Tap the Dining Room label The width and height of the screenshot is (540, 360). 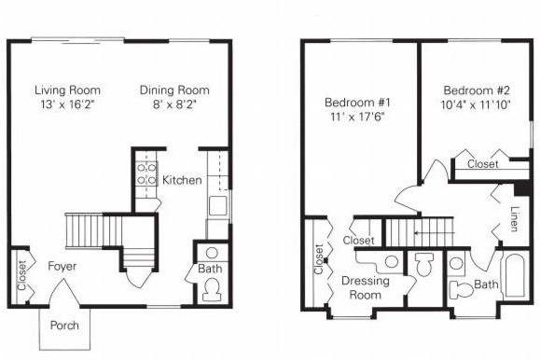point(174,90)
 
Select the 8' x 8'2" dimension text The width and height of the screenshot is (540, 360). point(174,105)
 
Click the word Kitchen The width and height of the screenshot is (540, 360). point(182,179)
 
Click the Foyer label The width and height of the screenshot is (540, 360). point(62,267)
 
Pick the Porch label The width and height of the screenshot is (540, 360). point(63,326)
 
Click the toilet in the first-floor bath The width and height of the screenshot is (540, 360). point(211,289)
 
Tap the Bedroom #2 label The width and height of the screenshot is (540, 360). point(475,90)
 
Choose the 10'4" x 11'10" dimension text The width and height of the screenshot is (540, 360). point(475,106)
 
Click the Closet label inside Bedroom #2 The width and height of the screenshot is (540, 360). point(482,163)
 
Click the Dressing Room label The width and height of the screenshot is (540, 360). point(365,286)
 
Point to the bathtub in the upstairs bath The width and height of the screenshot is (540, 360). point(515,275)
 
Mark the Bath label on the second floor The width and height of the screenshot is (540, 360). point(485,284)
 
